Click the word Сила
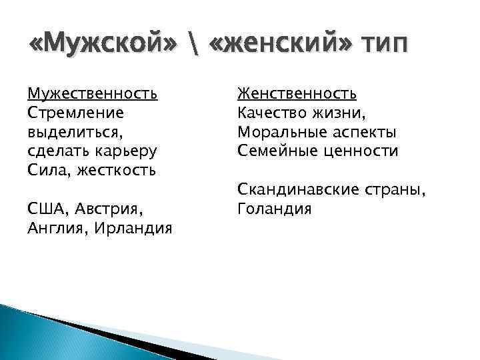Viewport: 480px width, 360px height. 48,170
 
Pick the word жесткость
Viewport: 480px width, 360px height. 117,170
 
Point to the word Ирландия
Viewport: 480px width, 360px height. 133,228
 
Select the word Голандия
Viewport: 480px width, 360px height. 275,209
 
